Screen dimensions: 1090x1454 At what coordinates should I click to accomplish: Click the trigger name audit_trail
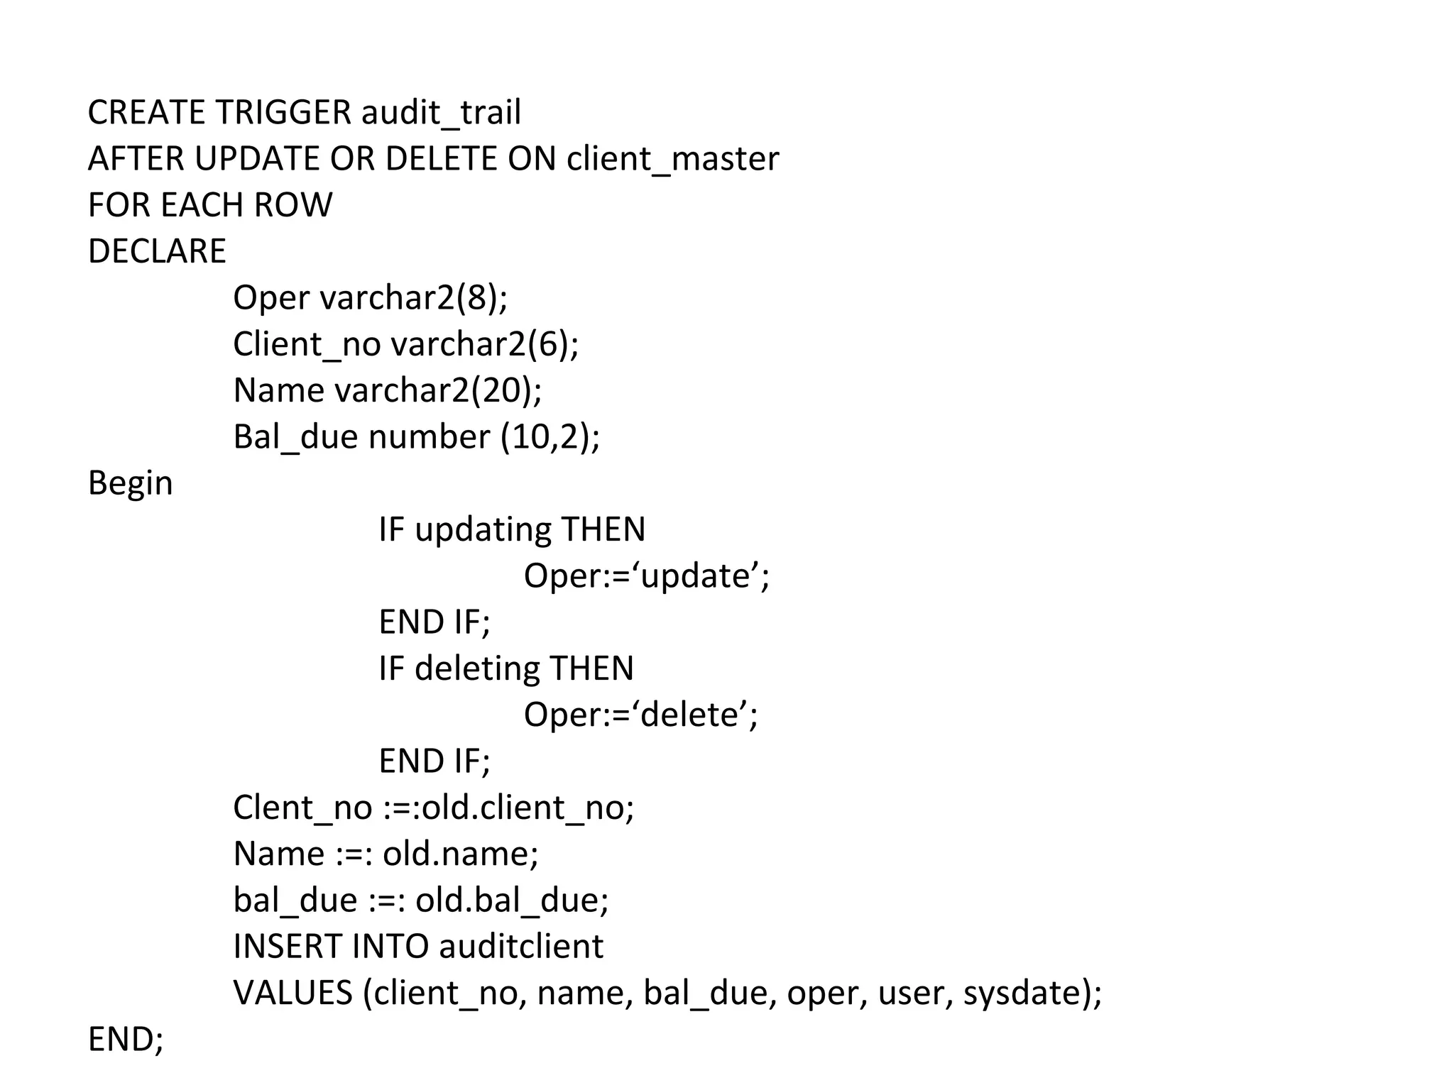441,112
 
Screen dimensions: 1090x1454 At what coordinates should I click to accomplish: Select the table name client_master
672,158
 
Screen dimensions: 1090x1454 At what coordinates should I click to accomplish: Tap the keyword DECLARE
157,251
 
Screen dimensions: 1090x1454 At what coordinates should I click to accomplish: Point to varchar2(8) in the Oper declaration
413,297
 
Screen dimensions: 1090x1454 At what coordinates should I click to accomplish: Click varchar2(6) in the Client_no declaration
484,344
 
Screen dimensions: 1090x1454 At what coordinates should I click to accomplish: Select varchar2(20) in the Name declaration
437,390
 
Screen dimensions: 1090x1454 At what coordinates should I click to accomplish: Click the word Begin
130,483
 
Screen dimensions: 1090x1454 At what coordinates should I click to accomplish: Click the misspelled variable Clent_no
302,808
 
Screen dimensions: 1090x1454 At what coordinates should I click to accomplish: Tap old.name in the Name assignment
460,854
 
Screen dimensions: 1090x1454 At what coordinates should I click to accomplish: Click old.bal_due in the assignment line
511,900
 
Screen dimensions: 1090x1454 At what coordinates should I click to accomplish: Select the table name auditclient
520,947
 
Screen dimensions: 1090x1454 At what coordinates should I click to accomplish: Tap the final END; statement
126,1039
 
